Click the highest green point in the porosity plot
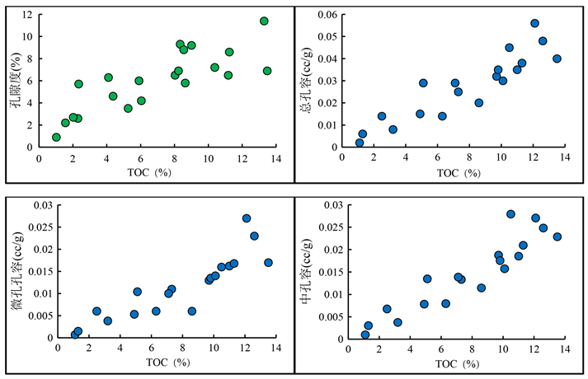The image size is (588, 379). [x=264, y=21]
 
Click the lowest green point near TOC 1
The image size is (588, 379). [x=56, y=138]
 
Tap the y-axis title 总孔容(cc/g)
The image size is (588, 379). [x=306, y=80]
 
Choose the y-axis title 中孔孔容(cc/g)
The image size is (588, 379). [x=306, y=273]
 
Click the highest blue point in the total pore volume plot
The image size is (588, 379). [x=534, y=24]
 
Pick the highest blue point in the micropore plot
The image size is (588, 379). [x=247, y=218]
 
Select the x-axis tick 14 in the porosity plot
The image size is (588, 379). [x=275, y=159]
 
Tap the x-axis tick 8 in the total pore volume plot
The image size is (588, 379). [x=469, y=159]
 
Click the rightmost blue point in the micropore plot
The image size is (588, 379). [x=268, y=263]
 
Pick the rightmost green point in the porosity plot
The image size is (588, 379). [x=267, y=71]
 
